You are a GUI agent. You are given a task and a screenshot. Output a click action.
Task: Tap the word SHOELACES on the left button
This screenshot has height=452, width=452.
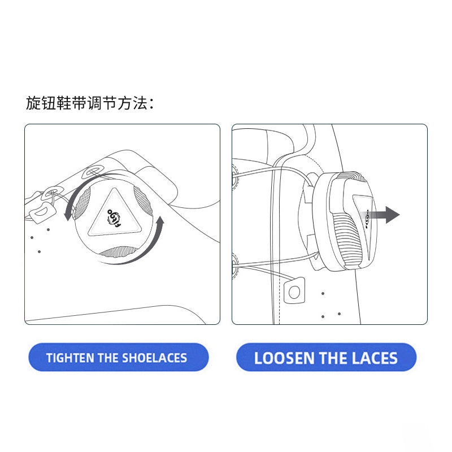click(x=154, y=358)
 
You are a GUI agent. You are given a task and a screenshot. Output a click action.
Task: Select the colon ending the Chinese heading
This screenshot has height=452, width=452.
click(x=151, y=104)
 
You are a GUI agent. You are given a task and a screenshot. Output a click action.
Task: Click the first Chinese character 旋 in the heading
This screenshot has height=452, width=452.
click(x=33, y=103)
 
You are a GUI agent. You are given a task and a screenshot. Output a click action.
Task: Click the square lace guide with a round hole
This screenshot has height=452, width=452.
click(x=294, y=291)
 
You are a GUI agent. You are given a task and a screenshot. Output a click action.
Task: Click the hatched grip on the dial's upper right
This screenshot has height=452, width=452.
click(x=144, y=201)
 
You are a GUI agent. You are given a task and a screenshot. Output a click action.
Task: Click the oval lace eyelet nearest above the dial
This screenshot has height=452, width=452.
click(x=93, y=172)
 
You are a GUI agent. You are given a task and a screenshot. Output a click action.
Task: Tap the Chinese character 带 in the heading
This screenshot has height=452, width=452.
click(x=79, y=103)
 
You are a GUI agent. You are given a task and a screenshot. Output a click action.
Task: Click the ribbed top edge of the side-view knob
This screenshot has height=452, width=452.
click(x=353, y=176)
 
